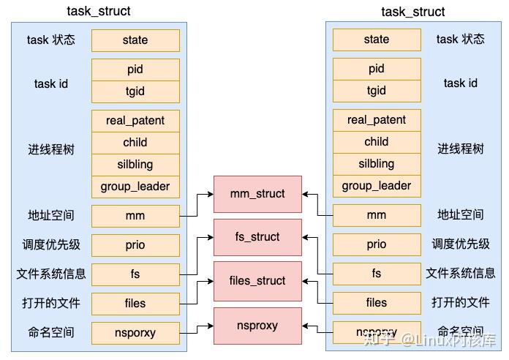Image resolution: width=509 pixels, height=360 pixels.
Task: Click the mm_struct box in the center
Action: pyautogui.click(x=257, y=194)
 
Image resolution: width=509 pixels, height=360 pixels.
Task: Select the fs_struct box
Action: pyautogui.click(x=257, y=237)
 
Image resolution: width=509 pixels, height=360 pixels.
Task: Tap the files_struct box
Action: pyautogui.click(x=257, y=281)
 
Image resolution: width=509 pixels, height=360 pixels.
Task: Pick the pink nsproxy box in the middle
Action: pyautogui.click(x=257, y=325)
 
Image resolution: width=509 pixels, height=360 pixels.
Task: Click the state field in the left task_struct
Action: pyautogui.click(x=135, y=40)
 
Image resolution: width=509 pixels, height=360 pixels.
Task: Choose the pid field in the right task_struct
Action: pyautogui.click(x=377, y=69)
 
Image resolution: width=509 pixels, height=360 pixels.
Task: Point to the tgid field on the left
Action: pyautogui.click(x=135, y=91)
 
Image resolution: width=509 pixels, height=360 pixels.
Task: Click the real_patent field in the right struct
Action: pyautogui.click(x=377, y=120)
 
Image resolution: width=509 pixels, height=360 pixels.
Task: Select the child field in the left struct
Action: pyautogui.click(x=135, y=143)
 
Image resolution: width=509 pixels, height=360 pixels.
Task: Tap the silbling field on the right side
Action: pyautogui.click(x=377, y=164)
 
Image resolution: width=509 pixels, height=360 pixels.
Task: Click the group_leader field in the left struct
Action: pyautogui.click(x=135, y=187)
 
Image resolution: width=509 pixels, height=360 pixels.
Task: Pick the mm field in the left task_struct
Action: pyautogui.click(x=135, y=216)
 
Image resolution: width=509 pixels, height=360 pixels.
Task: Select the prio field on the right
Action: pyautogui.click(x=377, y=244)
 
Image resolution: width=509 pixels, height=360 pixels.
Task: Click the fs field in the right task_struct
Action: pyautogui.click(x=377, y=274)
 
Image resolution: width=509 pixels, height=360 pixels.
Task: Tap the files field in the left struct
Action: pyautogui.click(x=135, y=303)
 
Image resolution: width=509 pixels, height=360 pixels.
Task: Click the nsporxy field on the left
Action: pyautogui.click(x=135, y=332)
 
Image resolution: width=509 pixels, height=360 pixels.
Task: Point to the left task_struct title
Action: pyautogui.click(x=99, y=11)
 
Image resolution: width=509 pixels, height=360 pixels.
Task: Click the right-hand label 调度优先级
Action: pyautogui.click(x=461, y=244)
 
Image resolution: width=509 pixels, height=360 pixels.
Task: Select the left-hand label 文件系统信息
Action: pyautogui.click(x=51, y=274)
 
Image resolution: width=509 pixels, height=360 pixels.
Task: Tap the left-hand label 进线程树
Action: pyautogui.click(x=51, y=150)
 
